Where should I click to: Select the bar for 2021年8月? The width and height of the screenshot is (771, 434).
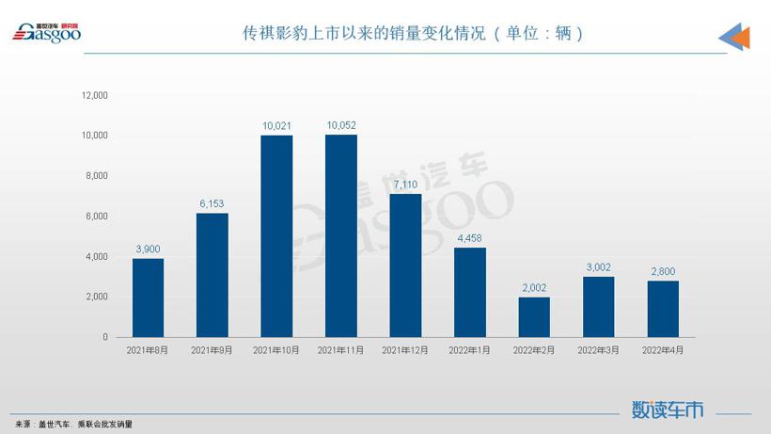tap(148, 297)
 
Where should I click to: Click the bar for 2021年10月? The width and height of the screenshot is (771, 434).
tap(276, 236)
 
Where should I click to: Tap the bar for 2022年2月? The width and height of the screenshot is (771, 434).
tap(533, 317)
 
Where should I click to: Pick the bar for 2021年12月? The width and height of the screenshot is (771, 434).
tap(405, 265)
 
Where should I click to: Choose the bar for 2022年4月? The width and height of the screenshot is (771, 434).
tap(662, 309)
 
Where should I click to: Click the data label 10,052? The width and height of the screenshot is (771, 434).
tap(340, 124)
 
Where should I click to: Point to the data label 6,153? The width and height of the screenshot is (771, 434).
tap(212, 202)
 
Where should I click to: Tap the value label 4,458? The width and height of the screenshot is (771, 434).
tap(469, 236)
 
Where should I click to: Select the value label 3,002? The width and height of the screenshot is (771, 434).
tap(598, 265)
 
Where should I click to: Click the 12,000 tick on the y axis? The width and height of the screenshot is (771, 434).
tap(95, 95)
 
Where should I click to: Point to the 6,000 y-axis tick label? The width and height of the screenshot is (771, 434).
tap(97, 217)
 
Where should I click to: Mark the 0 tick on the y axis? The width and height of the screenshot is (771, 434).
tap(105, 337)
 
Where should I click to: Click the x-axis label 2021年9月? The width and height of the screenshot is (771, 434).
tap(212, 350)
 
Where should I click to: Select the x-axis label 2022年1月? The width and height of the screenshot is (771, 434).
tap(469, 350)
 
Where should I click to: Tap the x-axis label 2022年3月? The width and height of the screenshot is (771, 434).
tap(598, 350)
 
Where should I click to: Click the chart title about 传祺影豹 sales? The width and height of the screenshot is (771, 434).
tap(414, 33)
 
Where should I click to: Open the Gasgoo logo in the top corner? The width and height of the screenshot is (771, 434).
tap(47, 32)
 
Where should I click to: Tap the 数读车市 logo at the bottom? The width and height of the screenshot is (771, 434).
tap(667, 410)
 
